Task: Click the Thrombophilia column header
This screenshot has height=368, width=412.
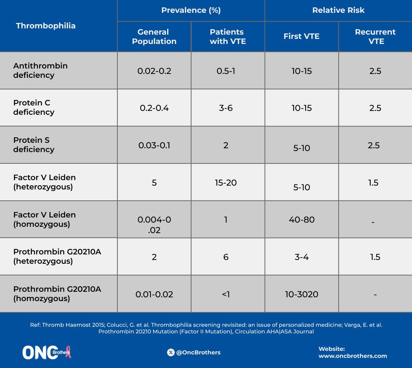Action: click(45, 26)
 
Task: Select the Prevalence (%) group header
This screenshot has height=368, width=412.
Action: click(191, 11)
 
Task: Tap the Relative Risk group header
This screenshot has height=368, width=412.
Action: click(338, 11)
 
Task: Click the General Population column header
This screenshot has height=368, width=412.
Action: click(154, 37)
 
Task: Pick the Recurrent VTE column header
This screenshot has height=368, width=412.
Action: click(375, 37)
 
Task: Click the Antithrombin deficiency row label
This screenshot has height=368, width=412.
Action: click(40, 70)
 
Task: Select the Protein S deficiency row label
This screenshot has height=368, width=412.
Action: click(34, 145)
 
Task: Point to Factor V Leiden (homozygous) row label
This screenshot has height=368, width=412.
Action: click(44, 219)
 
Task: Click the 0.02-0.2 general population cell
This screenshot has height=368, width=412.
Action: click(154, 71)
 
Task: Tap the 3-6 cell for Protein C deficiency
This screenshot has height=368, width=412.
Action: click(226, 108)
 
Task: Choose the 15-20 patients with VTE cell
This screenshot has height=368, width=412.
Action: click(226, 182)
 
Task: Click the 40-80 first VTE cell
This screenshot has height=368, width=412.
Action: click(302, 220)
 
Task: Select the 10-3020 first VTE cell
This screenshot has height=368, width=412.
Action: click(302, 294)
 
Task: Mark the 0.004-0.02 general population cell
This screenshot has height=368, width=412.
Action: click(154, 225)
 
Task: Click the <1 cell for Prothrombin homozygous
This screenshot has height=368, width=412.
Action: click(226, 294)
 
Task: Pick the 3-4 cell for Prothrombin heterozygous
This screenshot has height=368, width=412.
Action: click(302, 257)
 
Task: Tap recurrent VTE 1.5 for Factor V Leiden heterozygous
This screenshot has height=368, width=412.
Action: click(374, 182)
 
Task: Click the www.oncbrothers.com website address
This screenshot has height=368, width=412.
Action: click(353, 356)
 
